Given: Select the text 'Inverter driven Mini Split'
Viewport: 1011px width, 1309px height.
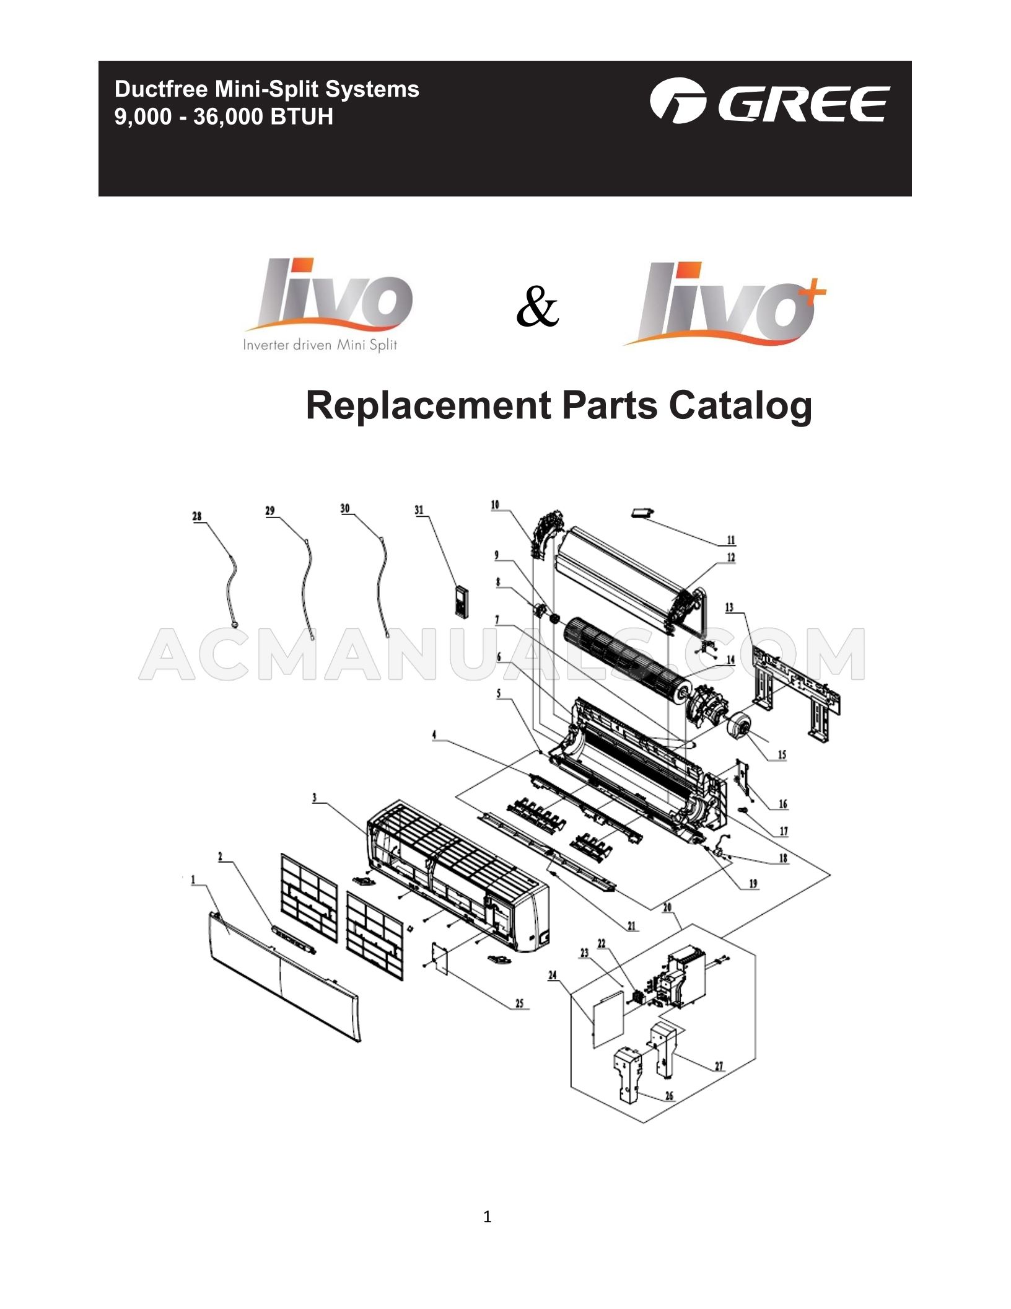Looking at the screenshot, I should [x=320, y=345].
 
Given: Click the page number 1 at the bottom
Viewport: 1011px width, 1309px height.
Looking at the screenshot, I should [x=487, y=1217].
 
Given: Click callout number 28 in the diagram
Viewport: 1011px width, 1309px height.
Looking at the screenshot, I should [x=197, y=516].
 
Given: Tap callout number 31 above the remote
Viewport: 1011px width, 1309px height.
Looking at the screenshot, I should [x=419, y=510].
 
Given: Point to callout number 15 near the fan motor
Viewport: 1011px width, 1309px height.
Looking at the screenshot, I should [x=782, y=754].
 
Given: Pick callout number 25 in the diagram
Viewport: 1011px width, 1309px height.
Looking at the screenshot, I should [x=519, y=1004].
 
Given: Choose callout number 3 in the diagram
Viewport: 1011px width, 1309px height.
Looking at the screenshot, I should [x=315, y=798].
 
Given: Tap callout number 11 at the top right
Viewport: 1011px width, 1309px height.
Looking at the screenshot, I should [x=731, y=540].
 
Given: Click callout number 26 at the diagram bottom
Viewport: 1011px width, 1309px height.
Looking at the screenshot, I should [x=669, y=1113].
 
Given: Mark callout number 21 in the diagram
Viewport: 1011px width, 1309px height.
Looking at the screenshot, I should [x=631, y=926].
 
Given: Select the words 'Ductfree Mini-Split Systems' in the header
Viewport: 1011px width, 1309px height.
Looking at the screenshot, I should [x=266, y=89].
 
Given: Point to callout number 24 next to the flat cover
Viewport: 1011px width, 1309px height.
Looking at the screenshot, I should [x=553, y=976].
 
